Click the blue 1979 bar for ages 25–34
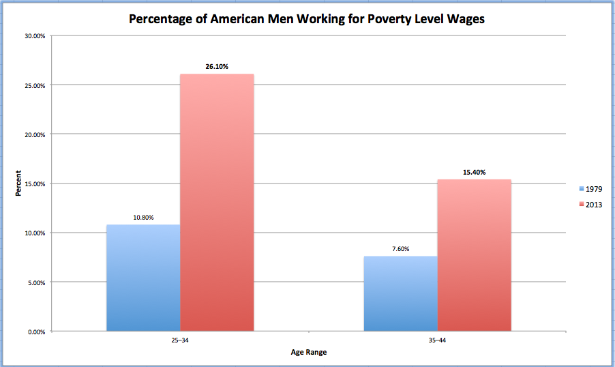pyautogui.click(x=143, y=278)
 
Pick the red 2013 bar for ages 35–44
pyautogui.click(x=474, y=255)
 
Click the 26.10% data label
pyautogui.click(x=216, y=66)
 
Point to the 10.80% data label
pyautogui.click(x=143, y=218)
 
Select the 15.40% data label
pyautogui.click(x=474, y=173)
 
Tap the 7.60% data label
pyautogui.click(x=400, y=249)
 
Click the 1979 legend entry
pyautogui.click(x=590, y=189)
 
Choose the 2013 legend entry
pyautogui.click(x=590, y=204)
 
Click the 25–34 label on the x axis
pyautogui.click(x=180, y=339)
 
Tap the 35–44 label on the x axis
pyautogui.click(x=437, y=339)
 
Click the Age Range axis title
pyautogui.click(x=308, y=353)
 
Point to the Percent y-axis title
pyautogui.click(x=19, y=183)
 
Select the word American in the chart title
pyautogui.click(x=223, y=20)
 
